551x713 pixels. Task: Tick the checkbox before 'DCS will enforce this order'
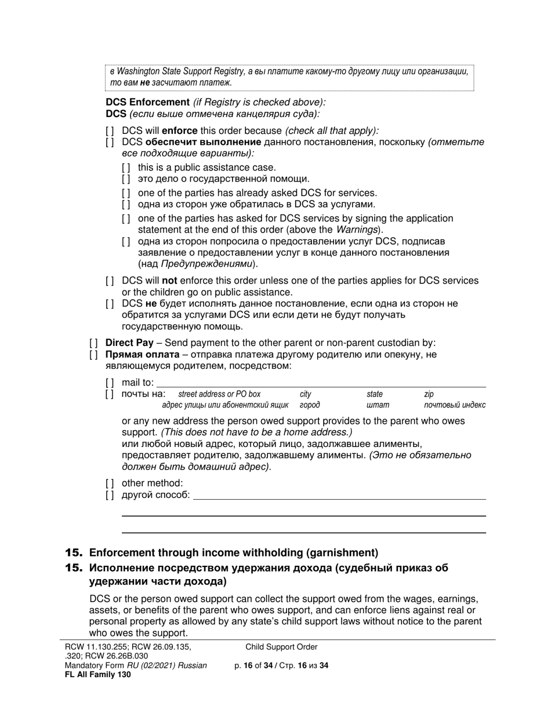point(110,131)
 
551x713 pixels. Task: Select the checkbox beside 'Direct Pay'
point(94,343)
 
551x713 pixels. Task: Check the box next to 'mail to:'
point(110,383)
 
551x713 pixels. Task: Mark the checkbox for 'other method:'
point(110,483)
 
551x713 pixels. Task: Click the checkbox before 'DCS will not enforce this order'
point(110,281)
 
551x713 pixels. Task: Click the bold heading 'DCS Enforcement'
point(147,102)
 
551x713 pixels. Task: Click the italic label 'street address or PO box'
point(219,394)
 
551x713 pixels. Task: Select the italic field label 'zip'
point(429,394)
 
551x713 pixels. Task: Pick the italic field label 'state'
point(374,394)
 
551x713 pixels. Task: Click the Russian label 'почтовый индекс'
point(455,405)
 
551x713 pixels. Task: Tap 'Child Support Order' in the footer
point(281,647)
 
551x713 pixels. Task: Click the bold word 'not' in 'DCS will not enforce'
point(170,281)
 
